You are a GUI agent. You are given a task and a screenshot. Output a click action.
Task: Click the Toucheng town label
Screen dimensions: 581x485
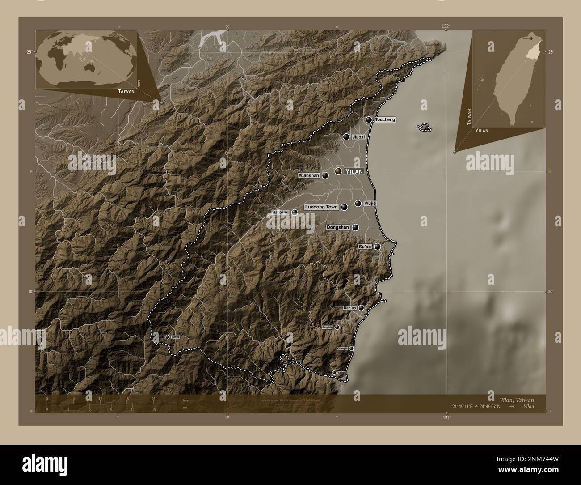(x=385, y=120)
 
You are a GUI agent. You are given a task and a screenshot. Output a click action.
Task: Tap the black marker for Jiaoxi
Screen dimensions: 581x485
(x=346, y=136)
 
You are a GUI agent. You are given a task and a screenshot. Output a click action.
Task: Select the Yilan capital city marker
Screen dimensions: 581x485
(x=338, y=171)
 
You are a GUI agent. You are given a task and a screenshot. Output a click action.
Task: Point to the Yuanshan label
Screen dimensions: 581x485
(x=309, y=176)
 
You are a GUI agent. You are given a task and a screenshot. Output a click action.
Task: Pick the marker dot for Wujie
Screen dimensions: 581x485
(x=358, y=204)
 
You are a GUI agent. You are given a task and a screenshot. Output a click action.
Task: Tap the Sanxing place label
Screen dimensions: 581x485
(x=281, y=212)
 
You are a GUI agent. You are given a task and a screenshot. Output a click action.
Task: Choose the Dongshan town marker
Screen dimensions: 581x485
(x=355, y=228)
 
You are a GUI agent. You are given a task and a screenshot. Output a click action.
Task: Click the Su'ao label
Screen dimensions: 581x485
(x=365, y=247)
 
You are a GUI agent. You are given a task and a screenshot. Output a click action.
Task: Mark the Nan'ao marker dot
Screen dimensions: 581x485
(x=361, y=308)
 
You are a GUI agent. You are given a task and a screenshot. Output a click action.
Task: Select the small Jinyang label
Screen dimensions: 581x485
(x=328, y=328)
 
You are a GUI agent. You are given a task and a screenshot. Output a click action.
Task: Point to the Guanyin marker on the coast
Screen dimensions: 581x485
(x=352, y=349)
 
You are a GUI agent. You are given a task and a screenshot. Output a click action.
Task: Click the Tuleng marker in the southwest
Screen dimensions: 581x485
(x=167, y=337)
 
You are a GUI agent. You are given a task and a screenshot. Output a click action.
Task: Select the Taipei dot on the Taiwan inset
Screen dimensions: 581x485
(x=531, y=38)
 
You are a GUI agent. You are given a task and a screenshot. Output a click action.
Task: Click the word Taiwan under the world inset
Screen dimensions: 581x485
(x=126, y=91)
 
